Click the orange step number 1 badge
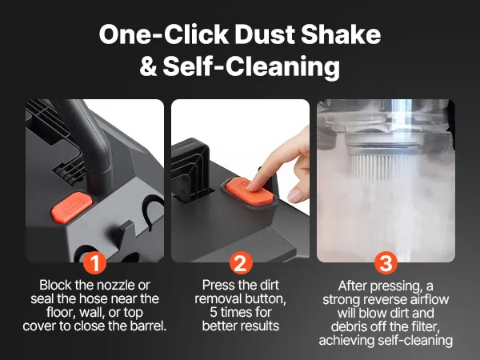coord(95,262)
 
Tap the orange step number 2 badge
coord(241,262)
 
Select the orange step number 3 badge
coord(386,262)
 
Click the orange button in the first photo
coord(72,207)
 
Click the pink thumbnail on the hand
coord(294,195)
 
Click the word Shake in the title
coord(341,34)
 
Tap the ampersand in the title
coord(149,66)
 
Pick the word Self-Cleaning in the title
coord(251,68)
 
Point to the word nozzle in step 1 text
coord(113,286)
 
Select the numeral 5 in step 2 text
coord(214,313)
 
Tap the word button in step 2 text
coord(266,298)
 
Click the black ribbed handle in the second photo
coord(190,170)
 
